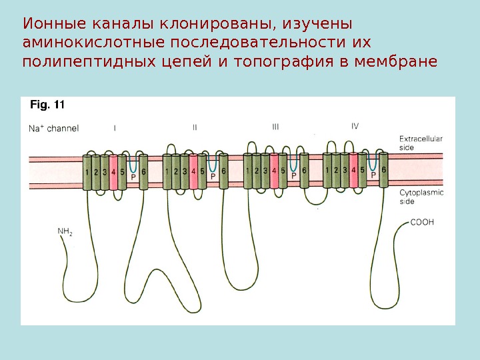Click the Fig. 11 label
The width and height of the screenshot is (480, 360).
coord(47,104)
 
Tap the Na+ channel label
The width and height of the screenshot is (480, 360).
coord(53,128)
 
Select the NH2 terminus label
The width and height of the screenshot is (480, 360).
coord(65,232)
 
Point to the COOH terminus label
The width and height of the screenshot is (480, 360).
coord(421,223)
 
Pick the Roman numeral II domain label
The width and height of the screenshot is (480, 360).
coord(195,126)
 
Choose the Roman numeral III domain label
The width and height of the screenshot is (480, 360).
coord(275,126)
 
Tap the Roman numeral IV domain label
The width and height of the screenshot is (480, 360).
coord(355,125)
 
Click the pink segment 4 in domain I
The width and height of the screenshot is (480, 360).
coord(113,172)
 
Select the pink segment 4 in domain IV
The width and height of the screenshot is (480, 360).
coord(353,170)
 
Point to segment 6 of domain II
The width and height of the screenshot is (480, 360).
coord(223,171)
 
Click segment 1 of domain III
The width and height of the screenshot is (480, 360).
coord(248,171)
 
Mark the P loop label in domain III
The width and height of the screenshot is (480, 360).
coord(293,177)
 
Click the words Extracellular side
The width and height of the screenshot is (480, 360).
coord(420,143)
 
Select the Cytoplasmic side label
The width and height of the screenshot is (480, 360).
coord(420,197)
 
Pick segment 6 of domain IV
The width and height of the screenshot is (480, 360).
coord(383,169)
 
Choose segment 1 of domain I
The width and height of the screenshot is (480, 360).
coord(87,172)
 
